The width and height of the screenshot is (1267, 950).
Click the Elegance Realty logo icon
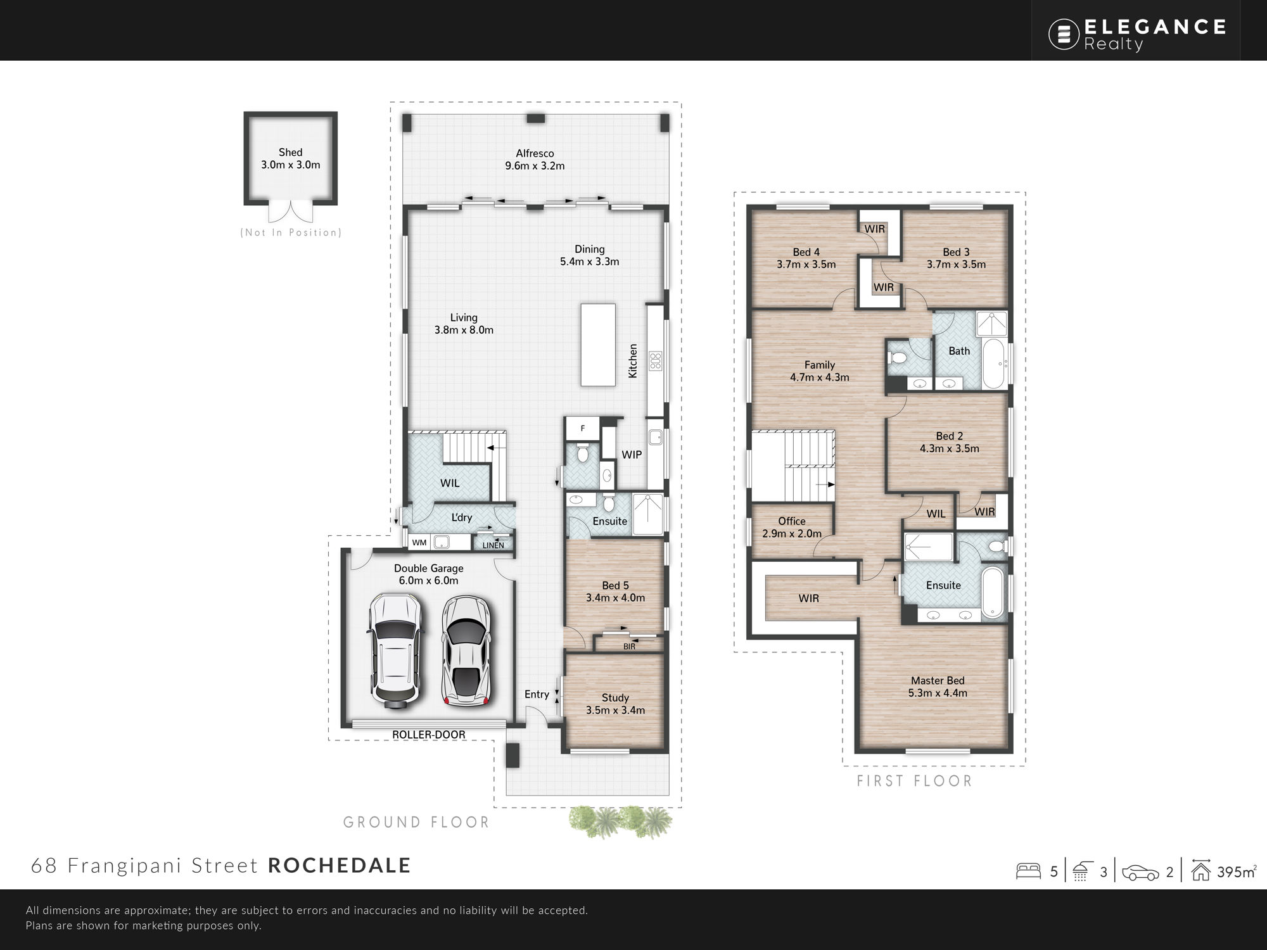click(x=1064, y=34)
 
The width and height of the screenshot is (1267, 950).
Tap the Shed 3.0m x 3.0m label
click(x=291, y=158)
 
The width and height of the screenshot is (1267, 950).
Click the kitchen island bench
click(x=598, y=345)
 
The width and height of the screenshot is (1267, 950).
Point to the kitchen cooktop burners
click(x=655, y=361)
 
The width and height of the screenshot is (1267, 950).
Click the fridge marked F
click(x=583, y=429)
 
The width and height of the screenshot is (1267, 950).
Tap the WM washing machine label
click(x=419, y=543)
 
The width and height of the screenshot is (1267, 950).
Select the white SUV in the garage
click(x=394, y=650)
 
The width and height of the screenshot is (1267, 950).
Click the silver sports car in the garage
click(x=466, y=650)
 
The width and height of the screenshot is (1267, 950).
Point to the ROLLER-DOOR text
click(x=429, y=735)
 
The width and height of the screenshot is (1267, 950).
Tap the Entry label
click(x=537, y=694)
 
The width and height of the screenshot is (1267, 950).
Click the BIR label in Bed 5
click(x=629, y=646)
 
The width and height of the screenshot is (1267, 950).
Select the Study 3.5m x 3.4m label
click(x=615, y=704)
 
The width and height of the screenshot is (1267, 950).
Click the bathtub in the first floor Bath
click(x=993, y=364)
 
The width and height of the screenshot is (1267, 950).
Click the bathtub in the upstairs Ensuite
click(x=993, y=592)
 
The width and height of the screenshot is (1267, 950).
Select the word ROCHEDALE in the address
click(x=340, y=865)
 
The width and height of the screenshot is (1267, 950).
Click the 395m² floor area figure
click(x=1236, y=871)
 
